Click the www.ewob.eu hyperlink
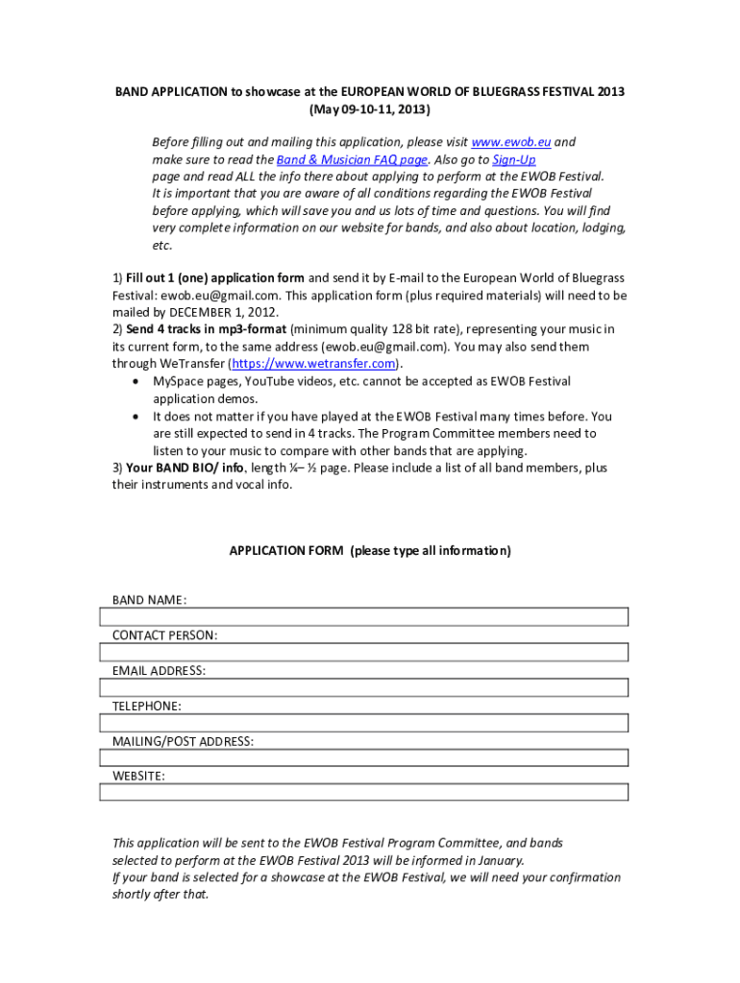(x=511, y=142)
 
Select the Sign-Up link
(x=514, y=159)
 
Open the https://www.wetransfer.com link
(x=312, y=364)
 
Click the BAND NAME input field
(x=364, y=616)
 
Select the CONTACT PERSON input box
(x=364, y=652)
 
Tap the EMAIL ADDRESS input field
(x=364, y=687)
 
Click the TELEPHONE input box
(x=364, y=723)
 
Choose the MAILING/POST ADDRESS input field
(x=364, y=758)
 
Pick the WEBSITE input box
(x=364, y=793)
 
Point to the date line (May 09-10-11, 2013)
(x=370, y=109)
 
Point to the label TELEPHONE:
(x=146, y=706)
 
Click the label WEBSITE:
(x=138, y=776)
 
